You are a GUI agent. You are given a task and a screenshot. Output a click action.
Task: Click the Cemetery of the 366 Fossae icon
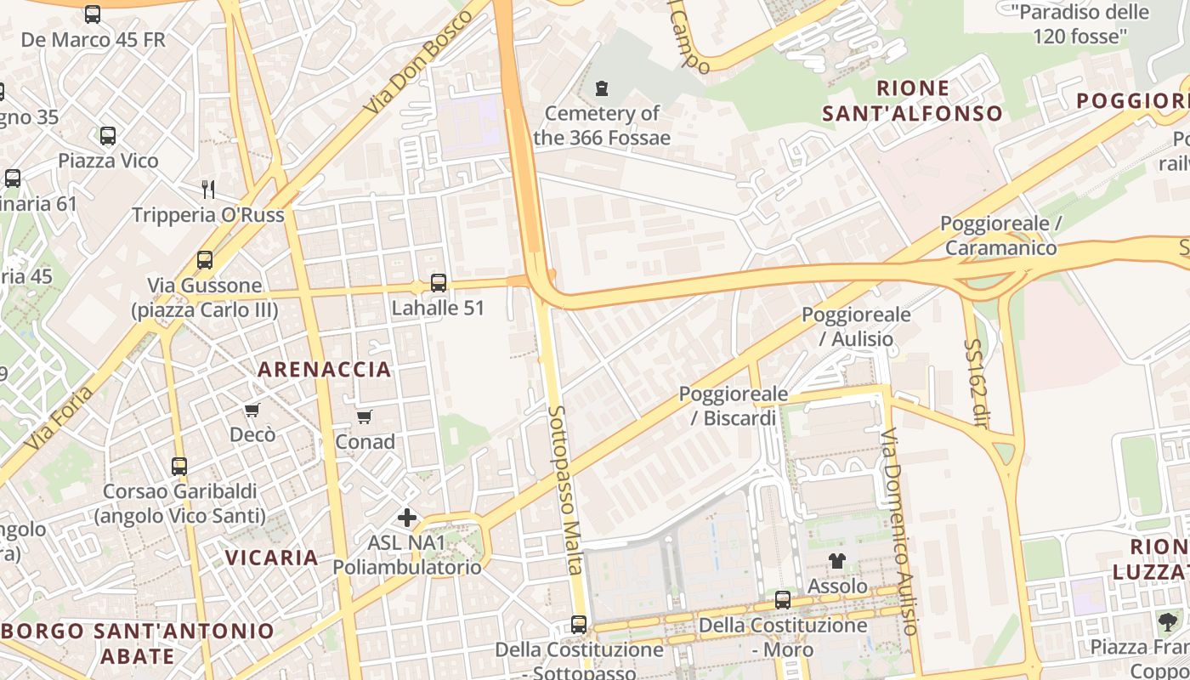coord(602,88)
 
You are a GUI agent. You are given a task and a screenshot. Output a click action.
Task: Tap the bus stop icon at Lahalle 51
coord(439,283)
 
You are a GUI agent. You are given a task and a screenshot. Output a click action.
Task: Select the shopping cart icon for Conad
coord(365,416)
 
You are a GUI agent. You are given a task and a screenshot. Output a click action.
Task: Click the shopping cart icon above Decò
coord(252,411)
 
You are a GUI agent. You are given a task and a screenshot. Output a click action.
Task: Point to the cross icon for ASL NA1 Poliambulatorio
coord(407,517)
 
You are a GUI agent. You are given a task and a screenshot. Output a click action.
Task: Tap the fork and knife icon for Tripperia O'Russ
coord(207,189)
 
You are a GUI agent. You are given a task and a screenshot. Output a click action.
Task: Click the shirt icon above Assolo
coord(837,561)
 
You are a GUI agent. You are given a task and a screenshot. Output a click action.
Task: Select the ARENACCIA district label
coord(325,369)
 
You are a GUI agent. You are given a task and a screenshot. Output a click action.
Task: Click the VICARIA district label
coord(272,558)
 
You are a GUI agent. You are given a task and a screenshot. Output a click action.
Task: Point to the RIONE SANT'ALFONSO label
coord(912,100)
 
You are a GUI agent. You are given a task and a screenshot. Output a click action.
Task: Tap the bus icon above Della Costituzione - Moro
coord(783,600)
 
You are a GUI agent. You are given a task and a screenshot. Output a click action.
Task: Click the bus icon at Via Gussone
coord(205,260)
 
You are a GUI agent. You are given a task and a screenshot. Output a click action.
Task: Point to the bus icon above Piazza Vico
coord(108,136)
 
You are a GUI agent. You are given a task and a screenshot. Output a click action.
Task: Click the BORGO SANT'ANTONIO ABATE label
coord(138,643)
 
